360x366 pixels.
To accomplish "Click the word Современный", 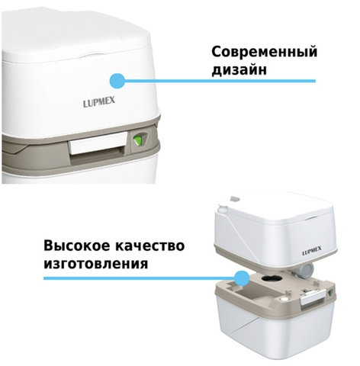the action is click(265, 52).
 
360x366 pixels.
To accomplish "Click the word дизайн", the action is click(239, 69).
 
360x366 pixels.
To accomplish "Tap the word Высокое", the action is click(76, 246).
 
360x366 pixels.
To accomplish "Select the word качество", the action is click(149, 246).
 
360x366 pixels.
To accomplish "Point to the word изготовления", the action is click(95, 264).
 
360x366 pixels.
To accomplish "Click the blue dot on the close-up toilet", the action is click(117, 81).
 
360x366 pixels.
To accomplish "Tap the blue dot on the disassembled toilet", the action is click(242, 278).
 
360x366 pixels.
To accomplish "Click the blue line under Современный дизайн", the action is click(220, 81).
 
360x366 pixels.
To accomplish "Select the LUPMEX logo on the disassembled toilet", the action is click(312, 252).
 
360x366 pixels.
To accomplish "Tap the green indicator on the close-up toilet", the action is click(138, 140).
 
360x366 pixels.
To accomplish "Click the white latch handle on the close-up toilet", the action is click(98, 143).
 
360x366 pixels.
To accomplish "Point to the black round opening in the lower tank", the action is click(270, 278).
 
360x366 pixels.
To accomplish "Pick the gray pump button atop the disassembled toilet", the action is click(235, 198).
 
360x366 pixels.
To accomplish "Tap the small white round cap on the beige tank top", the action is click(284, 299).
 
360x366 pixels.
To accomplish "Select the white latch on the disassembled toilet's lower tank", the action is click(313, 298).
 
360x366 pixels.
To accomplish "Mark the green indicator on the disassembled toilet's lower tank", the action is click(331, 293).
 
